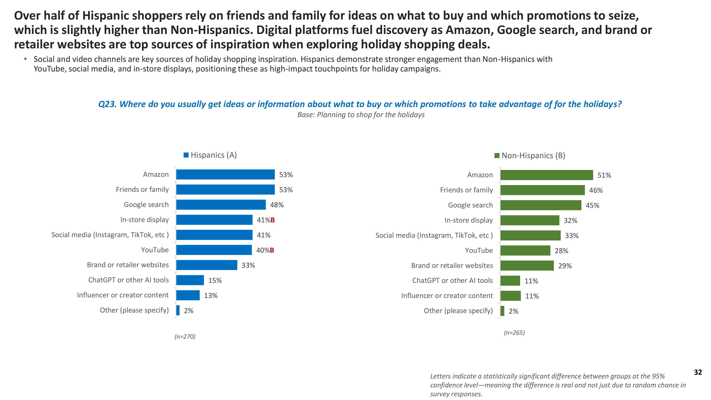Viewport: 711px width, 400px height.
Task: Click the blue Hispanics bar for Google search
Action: coord(221,205)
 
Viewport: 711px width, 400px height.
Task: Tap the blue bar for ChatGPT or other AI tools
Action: coord(190,280)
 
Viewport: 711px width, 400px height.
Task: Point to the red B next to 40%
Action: coord(272,250)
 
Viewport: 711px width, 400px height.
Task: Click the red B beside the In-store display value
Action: coord(273,220)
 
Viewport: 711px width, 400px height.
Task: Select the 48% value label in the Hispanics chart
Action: coord(277,205)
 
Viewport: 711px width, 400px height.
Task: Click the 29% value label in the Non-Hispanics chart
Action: coord(565,266)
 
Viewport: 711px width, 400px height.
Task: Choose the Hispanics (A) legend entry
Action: coord(210,155)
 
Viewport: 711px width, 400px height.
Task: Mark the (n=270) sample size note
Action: coord(185,337)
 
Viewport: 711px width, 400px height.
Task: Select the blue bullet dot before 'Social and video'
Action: coord(26,59)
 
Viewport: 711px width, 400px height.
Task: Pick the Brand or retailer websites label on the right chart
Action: coord(452,266)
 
